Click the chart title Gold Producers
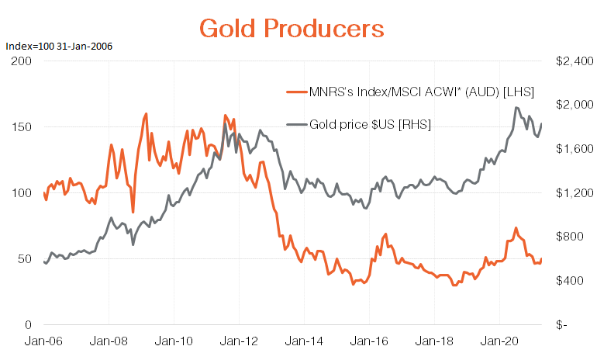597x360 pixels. [x=292, y=29]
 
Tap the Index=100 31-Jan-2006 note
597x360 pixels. [x=59, y=47]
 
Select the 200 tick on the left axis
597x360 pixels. [x=22, y=61]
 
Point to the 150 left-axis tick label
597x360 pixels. [x=22, y=126]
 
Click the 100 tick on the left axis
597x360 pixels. [x=22, y=192]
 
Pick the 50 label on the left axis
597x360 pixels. [x=26, y=258]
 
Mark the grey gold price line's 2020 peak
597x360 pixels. [x=516, y=108]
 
